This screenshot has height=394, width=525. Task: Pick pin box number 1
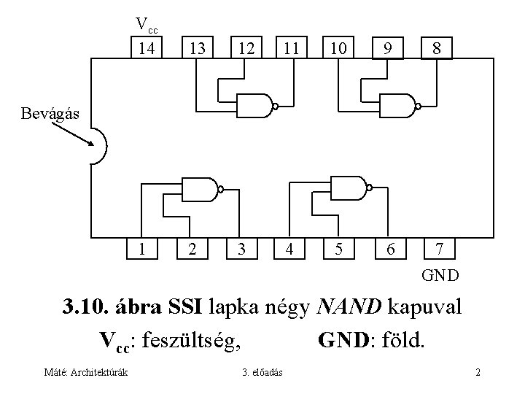coord(147,249)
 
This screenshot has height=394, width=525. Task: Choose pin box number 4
coord(290,249)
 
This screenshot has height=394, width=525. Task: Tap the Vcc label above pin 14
coord(147,25)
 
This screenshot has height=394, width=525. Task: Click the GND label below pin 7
coord(440,275)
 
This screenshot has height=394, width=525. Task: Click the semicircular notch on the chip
coord(97,146)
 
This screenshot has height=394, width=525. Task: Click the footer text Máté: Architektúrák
coord(85,373)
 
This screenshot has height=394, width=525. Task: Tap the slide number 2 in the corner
coord(477,373)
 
